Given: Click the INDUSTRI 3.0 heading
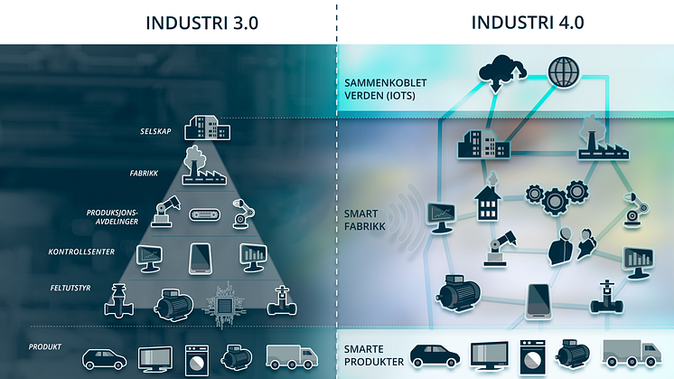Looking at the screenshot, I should click(201, 23).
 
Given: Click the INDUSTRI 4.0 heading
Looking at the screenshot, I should click(527, 23).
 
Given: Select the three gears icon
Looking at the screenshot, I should click(555, 196).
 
